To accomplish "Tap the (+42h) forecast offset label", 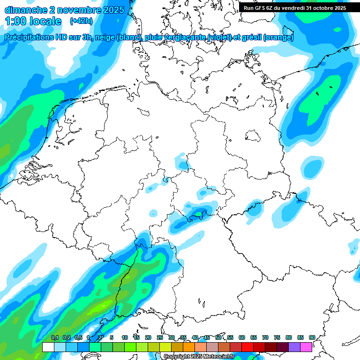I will [81, 21].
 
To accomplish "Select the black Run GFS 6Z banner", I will [295, 7].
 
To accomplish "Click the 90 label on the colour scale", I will [312, 337].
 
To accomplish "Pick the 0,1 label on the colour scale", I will [54, 337].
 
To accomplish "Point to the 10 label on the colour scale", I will [125, 337].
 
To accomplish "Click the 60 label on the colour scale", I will [242, 337].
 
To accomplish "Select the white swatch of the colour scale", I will [48, 347].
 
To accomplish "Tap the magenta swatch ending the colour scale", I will [306, 347].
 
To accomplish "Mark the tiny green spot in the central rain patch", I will [199, 214].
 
